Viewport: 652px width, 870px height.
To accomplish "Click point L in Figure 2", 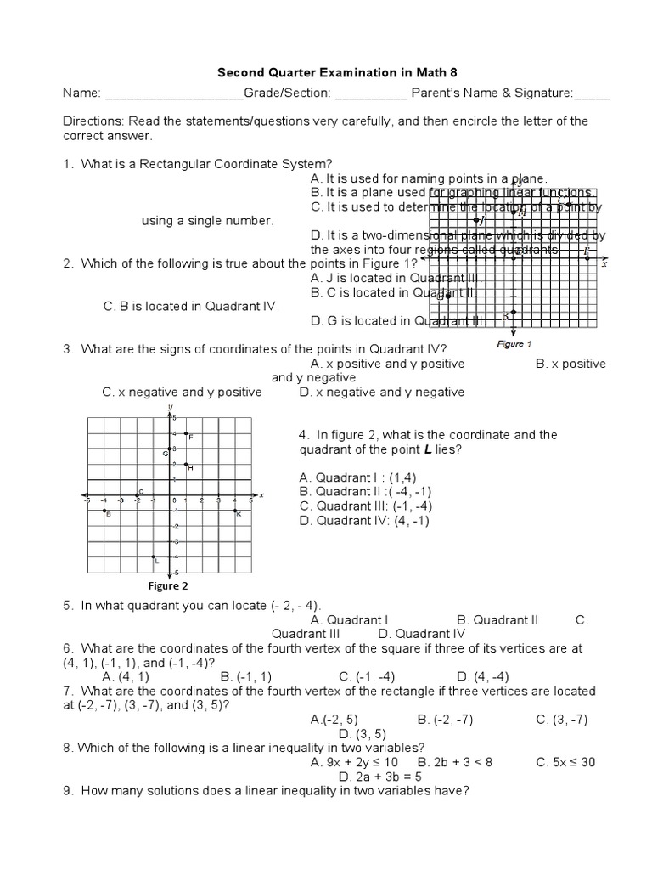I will point(154,555).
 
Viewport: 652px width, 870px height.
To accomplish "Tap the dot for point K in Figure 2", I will point(235,510).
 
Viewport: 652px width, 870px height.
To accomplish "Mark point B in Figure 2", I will point(105,510).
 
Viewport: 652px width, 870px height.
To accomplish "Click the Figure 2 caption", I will point(167,585).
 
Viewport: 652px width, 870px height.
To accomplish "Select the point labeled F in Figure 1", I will point(585,251).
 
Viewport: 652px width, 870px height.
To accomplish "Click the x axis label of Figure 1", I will point(604,264).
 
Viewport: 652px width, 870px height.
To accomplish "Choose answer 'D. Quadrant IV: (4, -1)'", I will point(364,521).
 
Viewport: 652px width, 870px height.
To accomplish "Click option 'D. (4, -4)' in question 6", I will point(482,676).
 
